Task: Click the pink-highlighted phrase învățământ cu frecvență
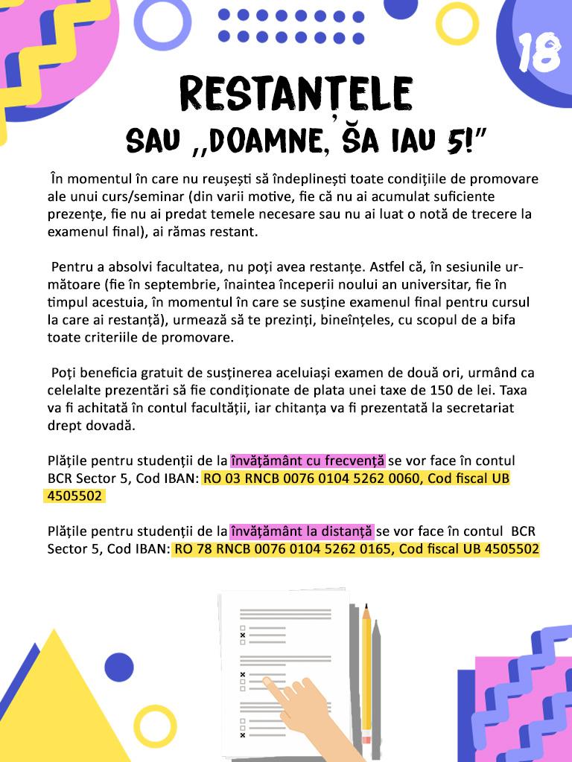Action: [307, 461]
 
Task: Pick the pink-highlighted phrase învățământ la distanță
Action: [301, 531]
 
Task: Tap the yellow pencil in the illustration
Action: [366, 670]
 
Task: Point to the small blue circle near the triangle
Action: [118, 666]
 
